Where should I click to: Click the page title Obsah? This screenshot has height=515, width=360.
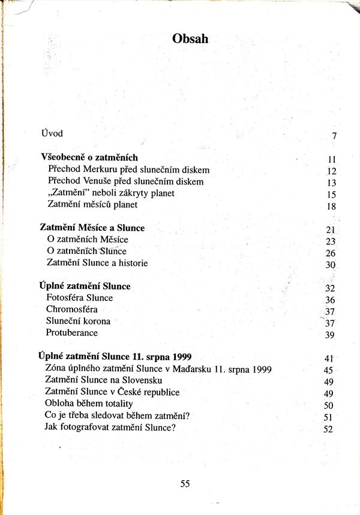190,38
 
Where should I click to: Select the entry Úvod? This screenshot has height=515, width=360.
52,132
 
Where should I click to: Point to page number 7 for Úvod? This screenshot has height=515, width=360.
334,136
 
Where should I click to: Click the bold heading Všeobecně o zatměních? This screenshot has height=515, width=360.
89,157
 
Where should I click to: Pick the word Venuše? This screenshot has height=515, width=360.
108,182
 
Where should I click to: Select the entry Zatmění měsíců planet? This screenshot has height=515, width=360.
92,205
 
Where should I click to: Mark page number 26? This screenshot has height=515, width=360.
329,253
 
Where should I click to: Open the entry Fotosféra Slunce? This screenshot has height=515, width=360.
79,297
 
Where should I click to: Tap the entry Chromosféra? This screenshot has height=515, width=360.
71,309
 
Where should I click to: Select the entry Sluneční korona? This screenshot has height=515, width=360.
78,321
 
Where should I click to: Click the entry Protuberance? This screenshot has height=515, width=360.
71,333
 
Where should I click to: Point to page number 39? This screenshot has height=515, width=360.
329,335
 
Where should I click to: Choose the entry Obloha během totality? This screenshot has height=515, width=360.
89,404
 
